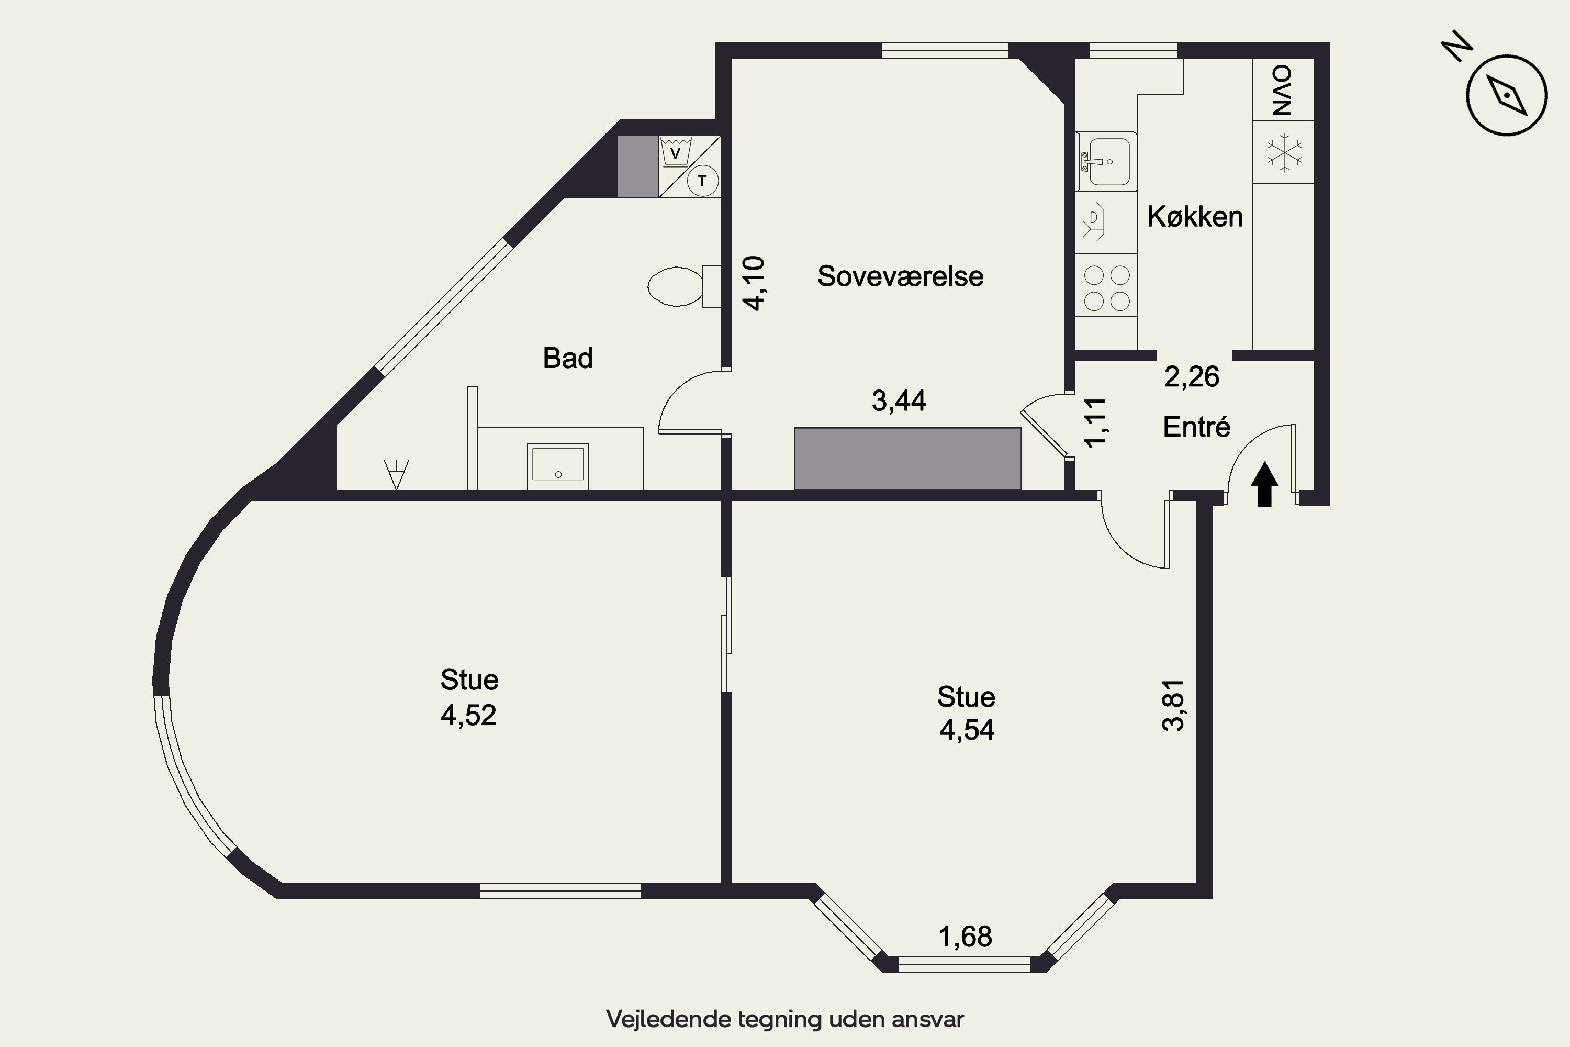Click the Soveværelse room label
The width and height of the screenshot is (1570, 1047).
[x=900, y=276]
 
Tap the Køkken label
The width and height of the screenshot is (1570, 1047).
[x=1195, y=217]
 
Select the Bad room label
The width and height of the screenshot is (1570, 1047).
[x=567, y=358]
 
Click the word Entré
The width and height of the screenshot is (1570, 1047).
[x=1196, y=427]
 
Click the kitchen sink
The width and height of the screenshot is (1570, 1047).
[x=1106, y=162]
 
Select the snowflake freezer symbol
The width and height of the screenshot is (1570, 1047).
[x=1284, y=152]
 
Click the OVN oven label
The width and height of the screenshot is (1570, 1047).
[x=1282, y=90]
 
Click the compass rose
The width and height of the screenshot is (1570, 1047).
[x=1507, y=95]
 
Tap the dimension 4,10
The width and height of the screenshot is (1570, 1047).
[x=754, y=283]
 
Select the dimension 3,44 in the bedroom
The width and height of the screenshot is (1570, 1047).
[x=899, y=400]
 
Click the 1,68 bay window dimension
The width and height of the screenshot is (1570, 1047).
[x=965, y=937]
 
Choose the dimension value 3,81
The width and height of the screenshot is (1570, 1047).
[x=1173, y=706]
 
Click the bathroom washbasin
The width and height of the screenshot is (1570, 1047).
[x=557, y=465]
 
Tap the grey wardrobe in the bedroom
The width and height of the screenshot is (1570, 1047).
[x=907, y=459]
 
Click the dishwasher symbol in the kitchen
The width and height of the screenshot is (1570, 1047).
[x=1093, y=222]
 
